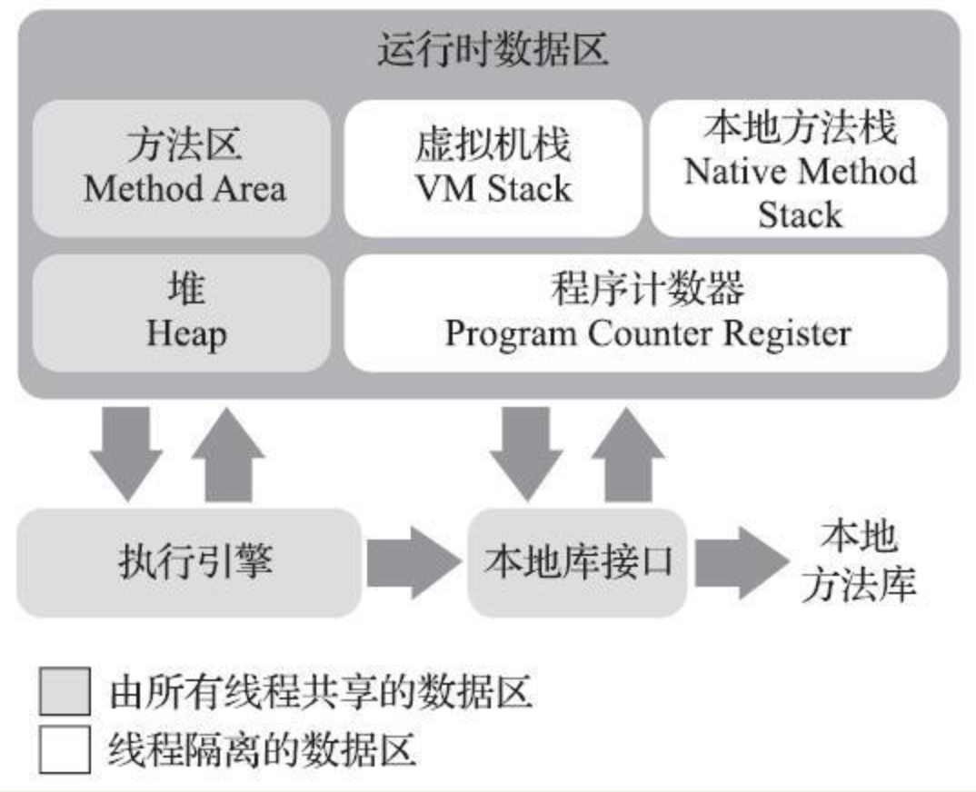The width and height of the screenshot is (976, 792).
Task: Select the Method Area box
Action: [183, 168]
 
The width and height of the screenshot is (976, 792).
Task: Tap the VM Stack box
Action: [493, 168]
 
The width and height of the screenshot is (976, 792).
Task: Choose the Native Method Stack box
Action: [800, 168]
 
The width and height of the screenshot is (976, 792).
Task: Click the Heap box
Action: [183, 312]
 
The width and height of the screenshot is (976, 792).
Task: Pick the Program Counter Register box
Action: [646, 312]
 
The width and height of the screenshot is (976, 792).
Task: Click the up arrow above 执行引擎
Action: [228, 453]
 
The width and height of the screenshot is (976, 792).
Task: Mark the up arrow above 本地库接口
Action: [627, 453]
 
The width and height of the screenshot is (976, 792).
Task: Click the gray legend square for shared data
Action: [65, 692]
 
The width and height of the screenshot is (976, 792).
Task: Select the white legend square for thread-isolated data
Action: [65, 750]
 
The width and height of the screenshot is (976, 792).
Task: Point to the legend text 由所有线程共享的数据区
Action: [320, 693]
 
